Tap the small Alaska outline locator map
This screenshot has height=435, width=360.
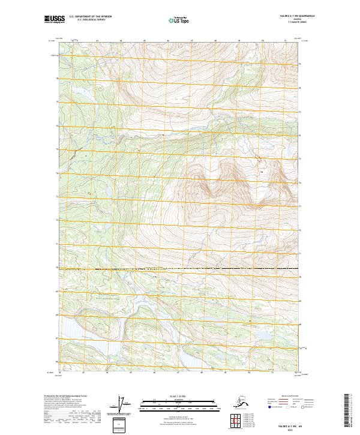237,400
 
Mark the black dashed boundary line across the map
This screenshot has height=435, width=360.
180,268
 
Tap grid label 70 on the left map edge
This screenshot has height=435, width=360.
57,268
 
